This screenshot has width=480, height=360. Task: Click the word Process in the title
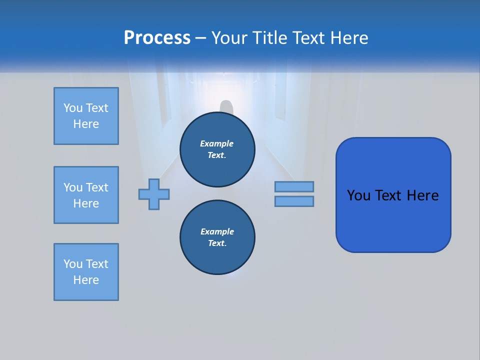[x=157, y=38]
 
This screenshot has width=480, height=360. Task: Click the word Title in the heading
[x=270, y=38]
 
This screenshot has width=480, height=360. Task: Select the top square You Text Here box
[x=86, y=116]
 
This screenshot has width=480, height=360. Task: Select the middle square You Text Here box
[x=86, y=195]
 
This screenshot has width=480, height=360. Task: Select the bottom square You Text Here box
[x=86, y=272]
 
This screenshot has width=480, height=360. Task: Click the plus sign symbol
[x=154, y=194]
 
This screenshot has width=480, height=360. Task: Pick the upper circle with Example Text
[x=217, y=149]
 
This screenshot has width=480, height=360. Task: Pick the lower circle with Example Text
[x=217, y=237]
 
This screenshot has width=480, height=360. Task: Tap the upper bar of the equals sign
[x=294, y=187]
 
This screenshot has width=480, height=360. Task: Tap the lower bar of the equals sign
[x=294, y=201]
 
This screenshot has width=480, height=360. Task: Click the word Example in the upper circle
[x=217, y=143]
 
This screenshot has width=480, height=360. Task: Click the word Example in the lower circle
[x=217, y=231]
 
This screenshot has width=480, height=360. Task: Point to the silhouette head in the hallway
[x=227, y=106]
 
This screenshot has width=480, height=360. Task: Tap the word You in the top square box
[x=73, y=108]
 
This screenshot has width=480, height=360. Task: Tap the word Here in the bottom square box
[x=86, y=280]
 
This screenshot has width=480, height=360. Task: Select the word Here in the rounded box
[x=423, y=195]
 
